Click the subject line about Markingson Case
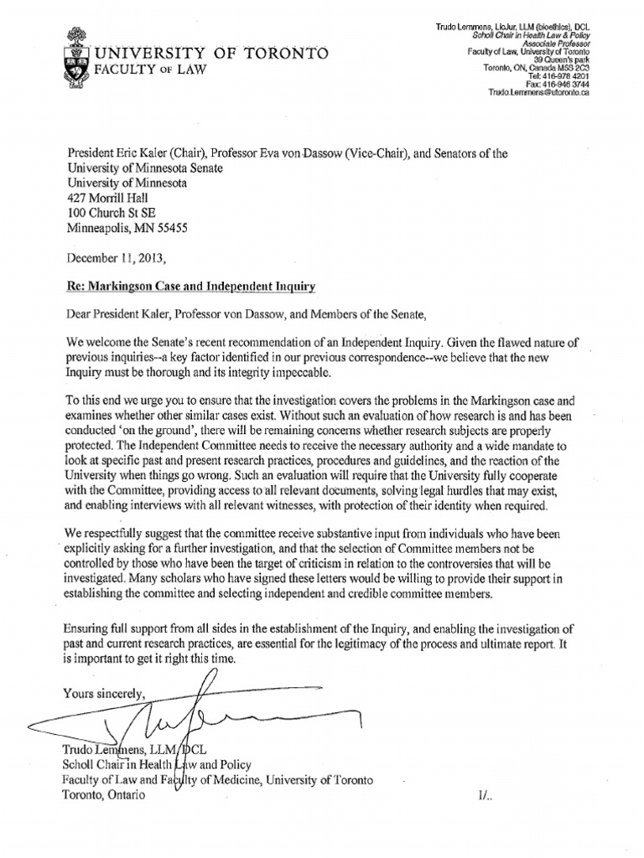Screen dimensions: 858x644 click(x=192, y=287)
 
